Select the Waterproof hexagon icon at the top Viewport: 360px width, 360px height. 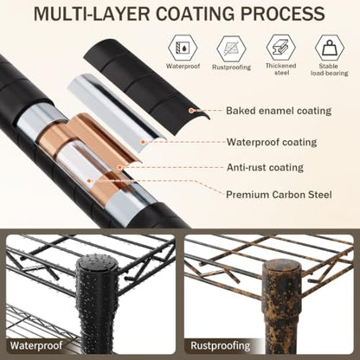pyautogui.click(x=183, y=47)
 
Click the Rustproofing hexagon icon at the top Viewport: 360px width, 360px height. pyautogui.click(x=231, y=48)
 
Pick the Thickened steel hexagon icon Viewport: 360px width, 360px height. pyautogui.click(x=281, y=47)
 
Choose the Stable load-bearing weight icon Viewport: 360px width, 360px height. pyautogui.click(x=330, y=48)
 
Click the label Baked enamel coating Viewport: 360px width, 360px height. pyautogui.click(x=279, y=111)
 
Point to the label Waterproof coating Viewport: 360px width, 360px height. pyautogui.click(x=272, y=142)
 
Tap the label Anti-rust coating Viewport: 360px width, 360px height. pyautogui.click(x=265, y=167)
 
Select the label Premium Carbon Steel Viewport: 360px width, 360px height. pyautogui.click(x=279, y=195)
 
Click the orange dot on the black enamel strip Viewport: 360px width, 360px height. pyautogui.click(x=190, y=110)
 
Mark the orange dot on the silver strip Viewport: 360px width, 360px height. pyautogui.click(x=143, y=142)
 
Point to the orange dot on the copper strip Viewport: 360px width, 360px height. pyautogui.click(x=119, y=167)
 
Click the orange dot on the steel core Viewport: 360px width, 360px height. pyautogui.click(x=89, y=181)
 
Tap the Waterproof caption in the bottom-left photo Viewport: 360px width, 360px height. pyautogui.click(x=36, y=345)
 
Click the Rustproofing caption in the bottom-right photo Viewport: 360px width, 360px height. pyautogui.click(x=221, y=345)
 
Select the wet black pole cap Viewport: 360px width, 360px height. pyautogui.click(x=97, y=265)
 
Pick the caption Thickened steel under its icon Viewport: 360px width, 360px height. pyautogui.click(x=281, y=69)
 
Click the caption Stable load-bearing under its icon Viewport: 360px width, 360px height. pyautogui.click(x=330, y=70)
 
